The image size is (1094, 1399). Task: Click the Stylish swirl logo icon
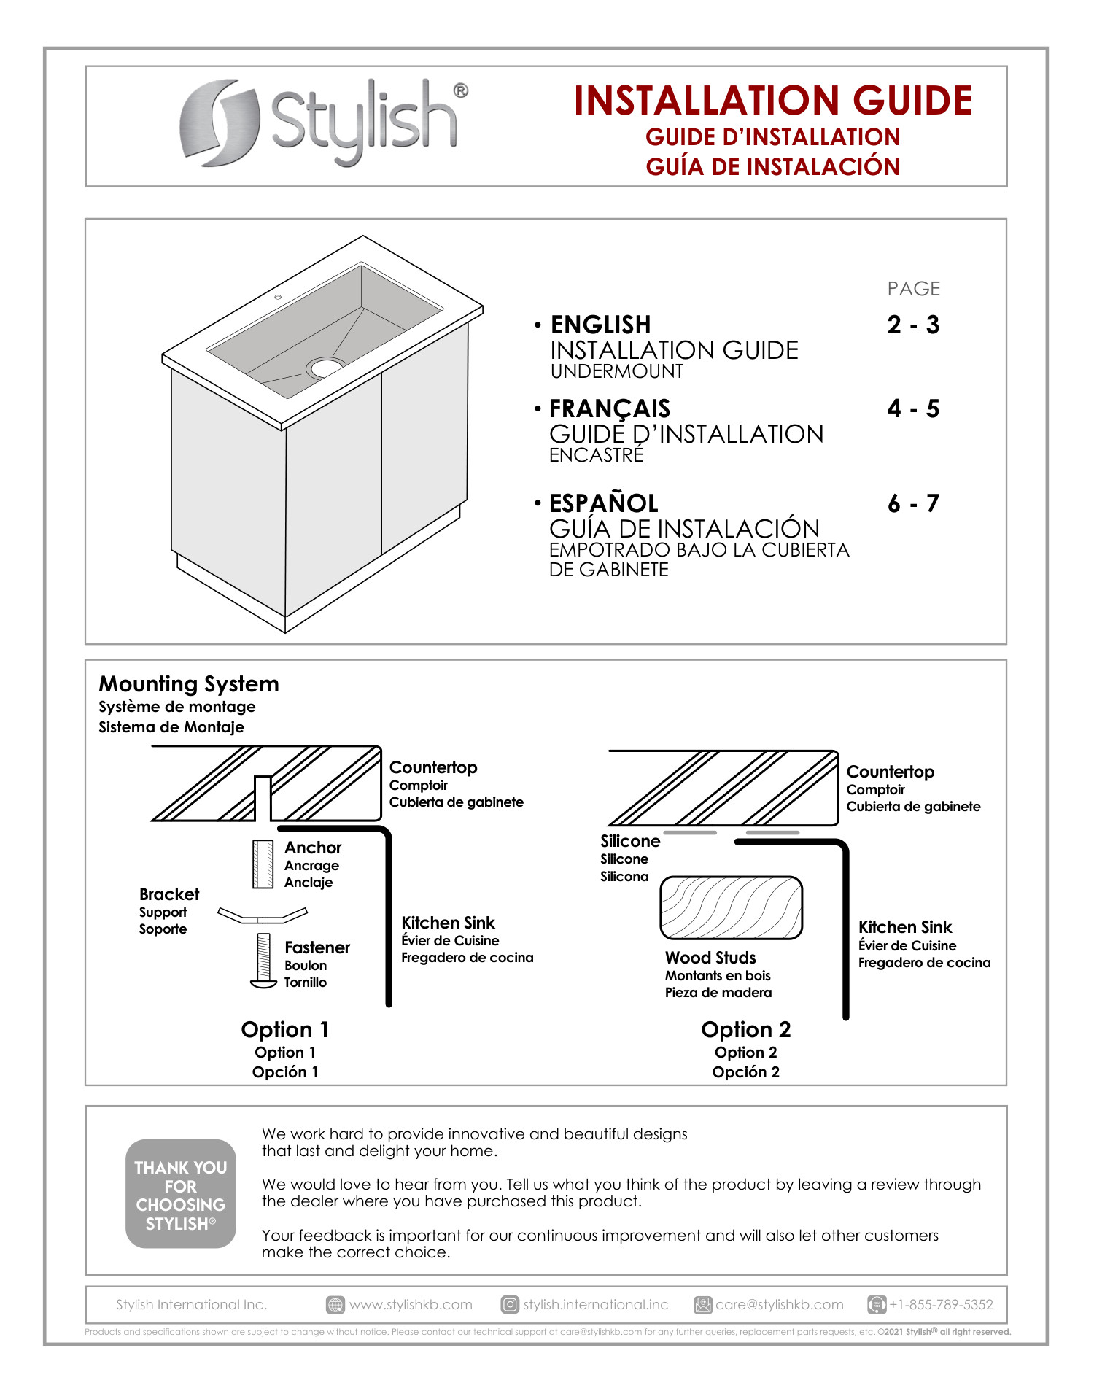[219, 123]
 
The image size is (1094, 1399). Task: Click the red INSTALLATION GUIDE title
[772, 101]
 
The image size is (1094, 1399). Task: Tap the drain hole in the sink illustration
[326, 367]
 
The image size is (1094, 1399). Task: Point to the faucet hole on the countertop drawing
[278, 297]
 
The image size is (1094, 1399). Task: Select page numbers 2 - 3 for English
[912, 325]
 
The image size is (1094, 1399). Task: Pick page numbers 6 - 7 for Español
[912, 503]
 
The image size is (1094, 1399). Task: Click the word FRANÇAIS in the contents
[610, 408]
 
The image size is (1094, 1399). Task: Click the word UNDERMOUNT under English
[617, 371]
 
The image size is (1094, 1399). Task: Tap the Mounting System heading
[189, 684]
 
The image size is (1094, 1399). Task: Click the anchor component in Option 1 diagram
[263, 864]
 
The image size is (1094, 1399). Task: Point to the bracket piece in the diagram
[263, 915]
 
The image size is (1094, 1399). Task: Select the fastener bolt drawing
[263, 960]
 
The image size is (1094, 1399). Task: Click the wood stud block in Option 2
[731, 908]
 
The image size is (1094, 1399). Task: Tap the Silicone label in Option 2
[630, 841]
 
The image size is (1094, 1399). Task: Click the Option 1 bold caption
[285, 1030]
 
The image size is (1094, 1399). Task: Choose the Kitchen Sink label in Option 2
[905, 927]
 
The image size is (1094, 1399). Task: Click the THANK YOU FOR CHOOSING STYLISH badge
[180, 1194]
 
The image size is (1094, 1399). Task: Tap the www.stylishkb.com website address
[411, 1305]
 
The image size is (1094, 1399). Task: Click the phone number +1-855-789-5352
[940, 1305]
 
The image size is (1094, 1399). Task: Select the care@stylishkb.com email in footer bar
[779, 1305]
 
